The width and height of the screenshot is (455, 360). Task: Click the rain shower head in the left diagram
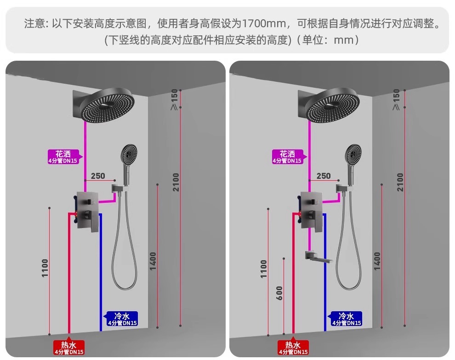pos(108,105)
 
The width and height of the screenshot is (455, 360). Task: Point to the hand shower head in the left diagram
pos(128,153)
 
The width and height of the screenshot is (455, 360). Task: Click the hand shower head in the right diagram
pos(353,153)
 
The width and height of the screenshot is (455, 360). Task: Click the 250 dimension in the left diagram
pos(98,176)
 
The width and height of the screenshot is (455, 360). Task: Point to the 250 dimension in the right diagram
pos(323,176)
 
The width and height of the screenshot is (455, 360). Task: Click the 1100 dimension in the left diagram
pos(45,269)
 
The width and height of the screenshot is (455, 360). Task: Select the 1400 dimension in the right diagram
pos(377,261)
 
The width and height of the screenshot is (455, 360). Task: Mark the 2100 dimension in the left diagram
pos(176,183)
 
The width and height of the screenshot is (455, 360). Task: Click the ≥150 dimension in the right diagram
pos(396,99)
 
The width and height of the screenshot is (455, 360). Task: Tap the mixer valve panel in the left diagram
pos(87,211)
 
